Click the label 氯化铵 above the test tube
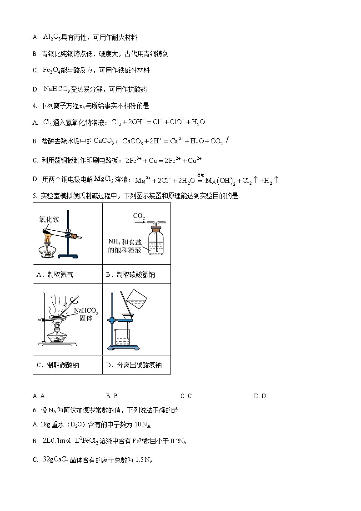49,219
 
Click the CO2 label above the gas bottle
139,216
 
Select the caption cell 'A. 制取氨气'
67,274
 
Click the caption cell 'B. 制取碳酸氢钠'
136,274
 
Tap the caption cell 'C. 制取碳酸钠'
67,365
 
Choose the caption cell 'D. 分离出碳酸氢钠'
136,365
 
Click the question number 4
35,106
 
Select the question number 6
35,410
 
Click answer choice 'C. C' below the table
186,396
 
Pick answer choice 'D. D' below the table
260,396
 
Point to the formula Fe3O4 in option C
51,70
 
